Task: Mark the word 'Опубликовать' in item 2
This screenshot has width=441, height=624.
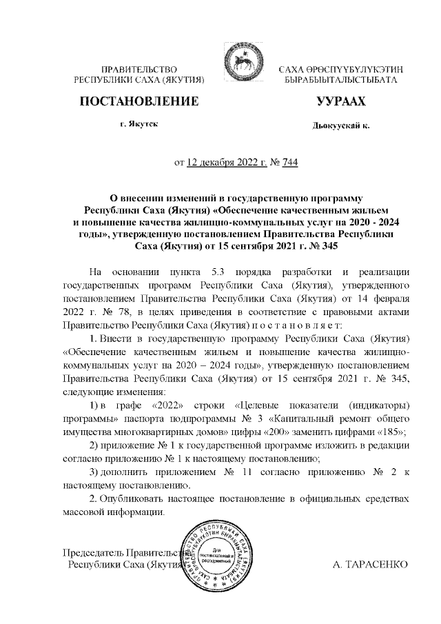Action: pos(135,499)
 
